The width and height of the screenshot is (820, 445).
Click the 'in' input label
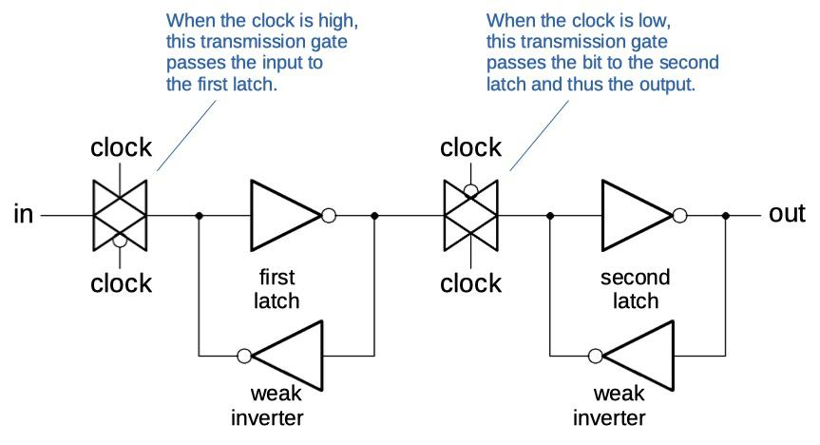[23, 215]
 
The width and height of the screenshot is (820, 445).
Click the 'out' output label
[787, 214]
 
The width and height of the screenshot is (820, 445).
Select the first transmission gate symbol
[120, 216]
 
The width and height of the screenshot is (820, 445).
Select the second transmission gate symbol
[470, 216]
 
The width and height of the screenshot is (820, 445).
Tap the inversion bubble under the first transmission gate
[120, 242]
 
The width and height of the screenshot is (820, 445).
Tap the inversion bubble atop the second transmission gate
[470, 190]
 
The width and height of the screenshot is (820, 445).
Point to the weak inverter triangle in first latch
[290, 356]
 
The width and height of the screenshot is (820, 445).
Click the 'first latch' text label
[278, 289]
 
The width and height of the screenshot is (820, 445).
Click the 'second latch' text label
[635, 289]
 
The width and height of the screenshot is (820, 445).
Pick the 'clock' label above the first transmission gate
[121, 147]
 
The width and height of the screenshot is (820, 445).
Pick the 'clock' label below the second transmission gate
[471, 283]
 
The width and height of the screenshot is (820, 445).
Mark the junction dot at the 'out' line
[727, 216]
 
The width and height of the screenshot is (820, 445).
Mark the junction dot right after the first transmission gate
[199, 216]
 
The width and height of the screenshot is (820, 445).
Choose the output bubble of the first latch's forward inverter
[329, 216]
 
